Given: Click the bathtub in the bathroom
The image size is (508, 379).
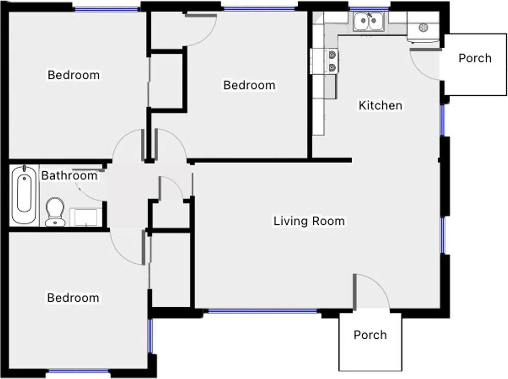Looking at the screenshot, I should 24,195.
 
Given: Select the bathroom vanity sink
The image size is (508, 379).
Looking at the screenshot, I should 85,217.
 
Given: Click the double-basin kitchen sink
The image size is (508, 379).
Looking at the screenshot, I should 368,22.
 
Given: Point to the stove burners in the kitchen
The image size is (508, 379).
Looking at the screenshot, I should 332,60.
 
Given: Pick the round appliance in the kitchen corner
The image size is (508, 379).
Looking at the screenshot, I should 423,28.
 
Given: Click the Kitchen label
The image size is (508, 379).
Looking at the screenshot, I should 380,105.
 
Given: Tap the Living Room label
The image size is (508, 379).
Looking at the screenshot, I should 309,221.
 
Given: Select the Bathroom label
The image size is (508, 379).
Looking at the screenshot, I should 70,175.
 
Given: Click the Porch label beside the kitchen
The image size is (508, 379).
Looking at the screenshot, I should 475,58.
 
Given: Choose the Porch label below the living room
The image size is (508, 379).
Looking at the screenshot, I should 370,335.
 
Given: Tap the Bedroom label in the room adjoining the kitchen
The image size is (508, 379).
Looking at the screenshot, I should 249,85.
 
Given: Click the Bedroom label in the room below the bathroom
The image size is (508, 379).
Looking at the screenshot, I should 73,298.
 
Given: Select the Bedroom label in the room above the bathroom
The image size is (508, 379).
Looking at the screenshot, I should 73,75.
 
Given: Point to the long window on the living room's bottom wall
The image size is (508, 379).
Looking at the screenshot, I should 262,311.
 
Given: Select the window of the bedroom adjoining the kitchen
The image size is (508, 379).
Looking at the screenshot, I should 259,9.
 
